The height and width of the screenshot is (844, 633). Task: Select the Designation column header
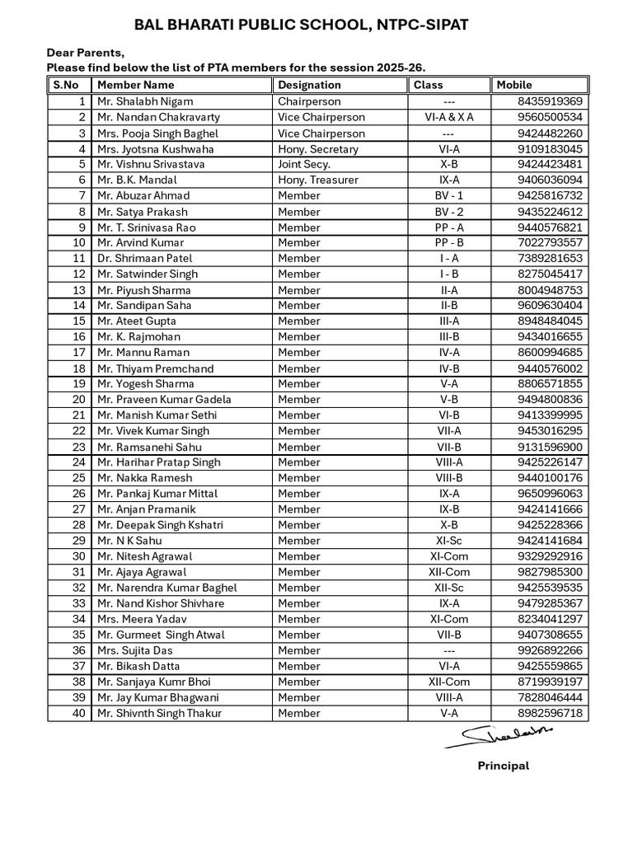[x=309, y=85]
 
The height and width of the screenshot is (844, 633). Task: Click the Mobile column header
[x=513, y=85]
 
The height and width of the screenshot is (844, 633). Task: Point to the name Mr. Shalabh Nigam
[x=145, y=101]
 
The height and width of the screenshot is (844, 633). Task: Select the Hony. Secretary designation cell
[x=318, y=149]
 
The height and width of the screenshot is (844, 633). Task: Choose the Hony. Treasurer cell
[x=318, y=180]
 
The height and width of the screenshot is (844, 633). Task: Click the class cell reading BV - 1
[x=449, y=195]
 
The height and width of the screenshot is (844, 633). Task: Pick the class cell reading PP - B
[x=449, y=242]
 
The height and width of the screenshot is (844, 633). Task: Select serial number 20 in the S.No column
[x=79, y=400]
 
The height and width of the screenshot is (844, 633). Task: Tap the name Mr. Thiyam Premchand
[x=155, y=368]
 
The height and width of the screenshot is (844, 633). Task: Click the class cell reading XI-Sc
[x=449, y=541]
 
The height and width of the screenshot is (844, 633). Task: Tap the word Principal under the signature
[x=503, y=766]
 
